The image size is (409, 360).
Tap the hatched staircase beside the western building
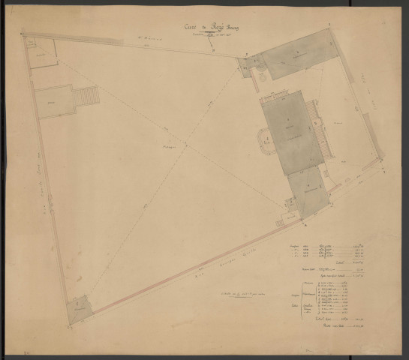(89, 96)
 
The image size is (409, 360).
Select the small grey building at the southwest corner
(80, 308)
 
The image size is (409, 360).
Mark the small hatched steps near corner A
(286, 218)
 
